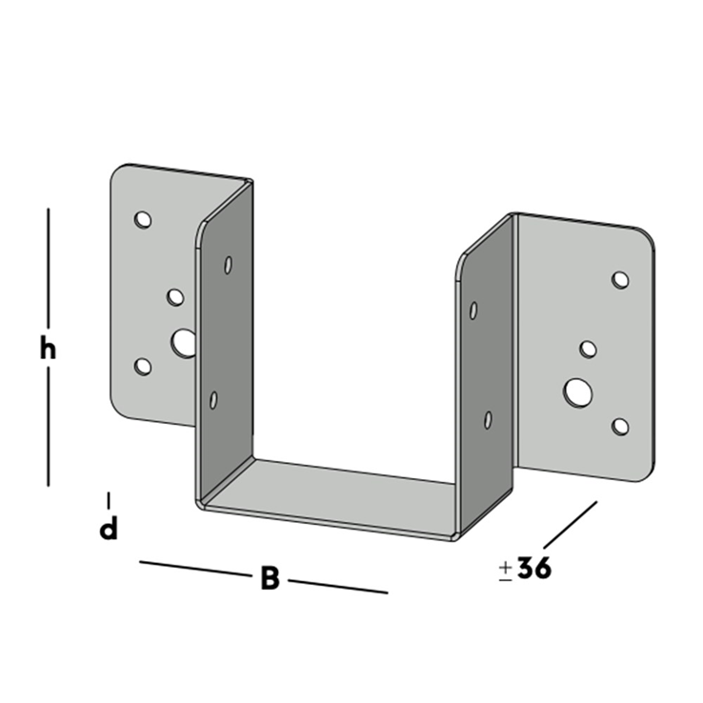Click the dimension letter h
click(x=48, y=350)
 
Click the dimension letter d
click(x=109, y=529)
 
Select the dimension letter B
click(x=270, y=578)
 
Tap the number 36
click(x=534, y=568)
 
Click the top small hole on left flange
click(x=143, y=220)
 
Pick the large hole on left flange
click(x=184, y=344)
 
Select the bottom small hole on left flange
click(x=143, y=367)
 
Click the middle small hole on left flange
click(x=175, y=297)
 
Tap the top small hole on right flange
click(x=620, y=280)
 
